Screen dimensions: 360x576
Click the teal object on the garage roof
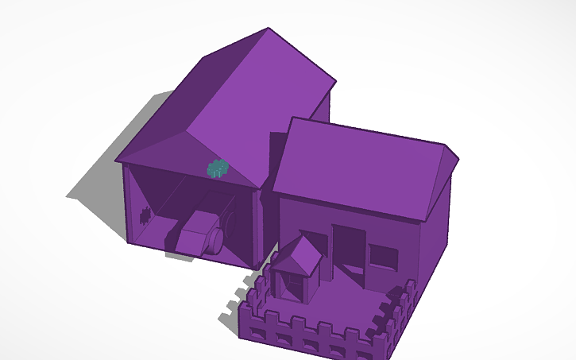tap(217, 168)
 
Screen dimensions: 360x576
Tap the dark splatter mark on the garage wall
tap(145, 213)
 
